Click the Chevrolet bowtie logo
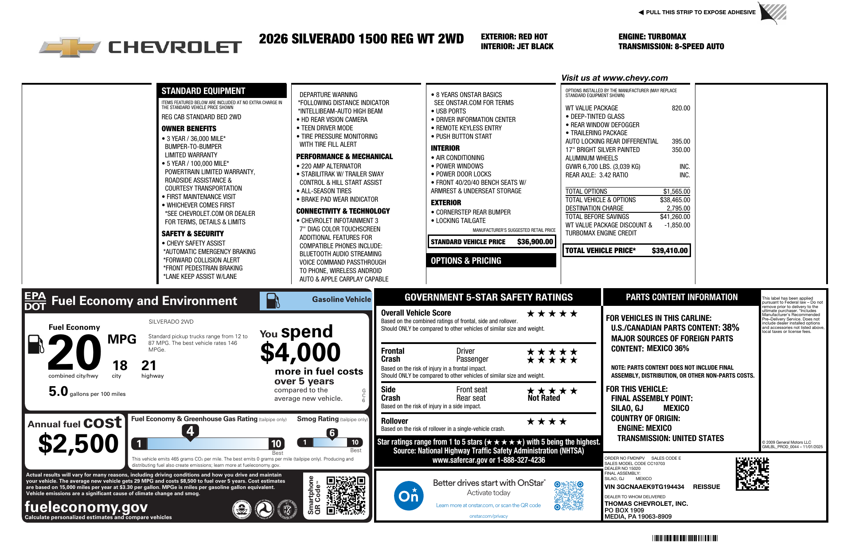tap(70, 47)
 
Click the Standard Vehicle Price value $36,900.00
tap(535, 242)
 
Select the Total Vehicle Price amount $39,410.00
tap(669, 251)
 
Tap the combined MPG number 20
tap(74, 352)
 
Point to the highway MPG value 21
tap(149, 366)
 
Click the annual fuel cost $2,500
tap(78, 444)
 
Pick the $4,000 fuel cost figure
tap(300, 353)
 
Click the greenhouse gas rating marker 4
tap(190, 431)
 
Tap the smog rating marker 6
tap(332, 433)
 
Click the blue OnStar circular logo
tap(408, 496)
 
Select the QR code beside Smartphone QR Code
tap(346, 495)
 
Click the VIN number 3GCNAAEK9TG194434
tap(644, 487)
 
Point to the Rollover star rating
tap(546, 422)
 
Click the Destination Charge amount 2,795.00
tap(678, 208)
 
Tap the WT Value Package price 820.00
tap(681, 108)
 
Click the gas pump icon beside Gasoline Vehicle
tap(273, 301)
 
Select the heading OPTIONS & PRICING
tap(466, 261)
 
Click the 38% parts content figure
tap(730, 328)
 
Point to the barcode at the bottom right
tap(685, 538)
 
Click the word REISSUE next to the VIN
tap(706, 487)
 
